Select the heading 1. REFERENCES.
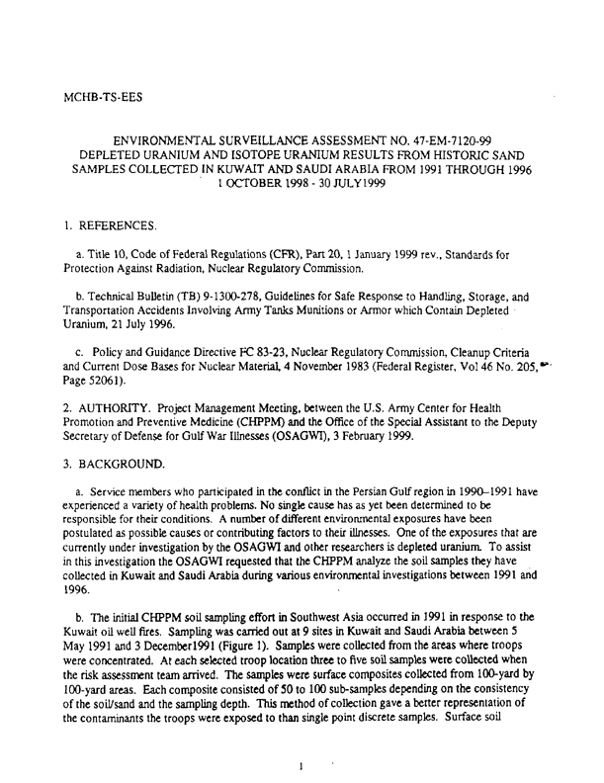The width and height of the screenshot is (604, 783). [x=98, y=225]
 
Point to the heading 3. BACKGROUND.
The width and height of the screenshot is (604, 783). [x=103, y=463]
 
